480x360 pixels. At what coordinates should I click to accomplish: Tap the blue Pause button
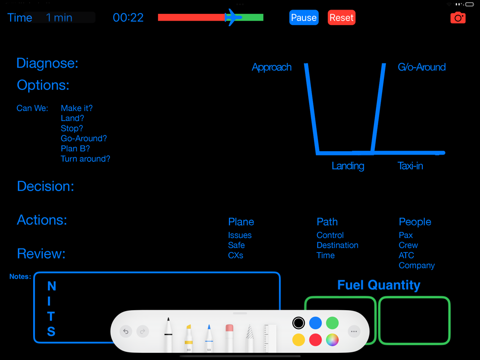304,17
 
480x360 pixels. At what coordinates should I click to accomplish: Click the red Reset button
341,17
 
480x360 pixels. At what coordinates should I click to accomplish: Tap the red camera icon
458,18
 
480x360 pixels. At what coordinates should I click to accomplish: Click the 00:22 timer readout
128,17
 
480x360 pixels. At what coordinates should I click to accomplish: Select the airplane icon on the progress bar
233,17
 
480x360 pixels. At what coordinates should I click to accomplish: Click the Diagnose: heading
47,63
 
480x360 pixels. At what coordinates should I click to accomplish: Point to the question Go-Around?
84,138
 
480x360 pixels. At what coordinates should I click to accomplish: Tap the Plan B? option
75,148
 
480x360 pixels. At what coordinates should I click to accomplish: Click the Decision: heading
45,186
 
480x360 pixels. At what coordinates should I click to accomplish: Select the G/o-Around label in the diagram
421,67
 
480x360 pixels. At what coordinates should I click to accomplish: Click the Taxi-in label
410,166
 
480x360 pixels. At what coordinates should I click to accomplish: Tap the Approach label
272,67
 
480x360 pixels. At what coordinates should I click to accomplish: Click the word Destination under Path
337,245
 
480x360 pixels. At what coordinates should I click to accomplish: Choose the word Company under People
417,265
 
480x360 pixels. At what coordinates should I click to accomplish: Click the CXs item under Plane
235,255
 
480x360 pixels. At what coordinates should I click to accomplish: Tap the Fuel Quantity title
379,285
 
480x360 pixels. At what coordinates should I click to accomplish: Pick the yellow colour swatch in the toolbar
299,340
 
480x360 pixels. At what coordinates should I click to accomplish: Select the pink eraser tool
229,337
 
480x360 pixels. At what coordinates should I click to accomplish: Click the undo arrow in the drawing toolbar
126,331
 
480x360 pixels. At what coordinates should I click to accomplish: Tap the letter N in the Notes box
52,286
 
